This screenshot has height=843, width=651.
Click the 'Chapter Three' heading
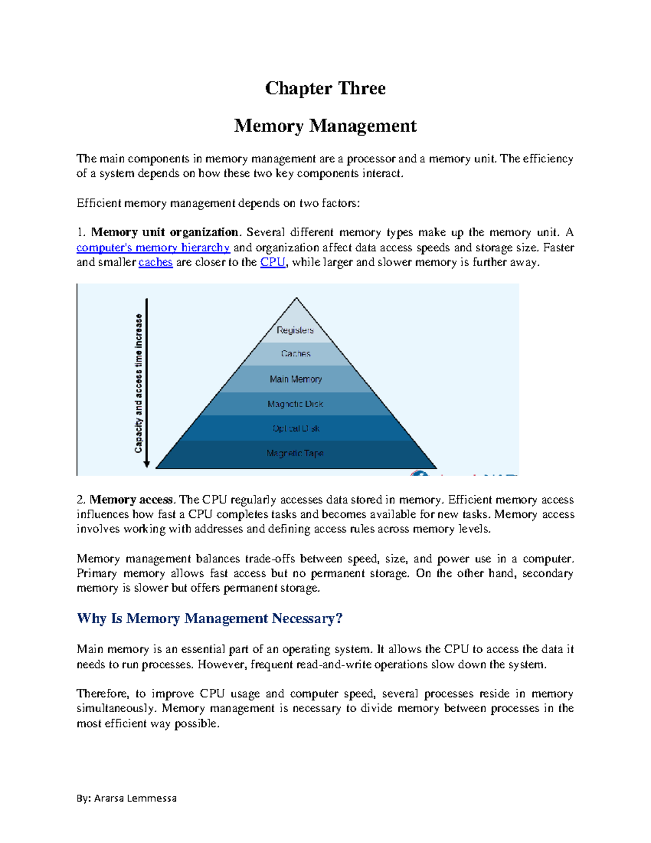325,88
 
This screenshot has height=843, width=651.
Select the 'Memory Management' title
325,126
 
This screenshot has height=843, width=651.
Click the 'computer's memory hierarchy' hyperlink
153,248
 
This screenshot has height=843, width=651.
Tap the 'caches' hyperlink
155,263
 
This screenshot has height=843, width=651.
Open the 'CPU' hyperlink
272,263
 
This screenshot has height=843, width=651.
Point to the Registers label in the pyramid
295,330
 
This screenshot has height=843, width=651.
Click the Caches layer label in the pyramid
296,353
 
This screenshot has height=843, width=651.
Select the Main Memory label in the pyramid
296,379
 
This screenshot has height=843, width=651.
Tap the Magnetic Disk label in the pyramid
296,404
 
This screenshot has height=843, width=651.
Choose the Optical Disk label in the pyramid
296,428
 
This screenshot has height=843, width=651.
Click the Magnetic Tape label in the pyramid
295,453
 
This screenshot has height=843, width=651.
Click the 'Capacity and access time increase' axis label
139,383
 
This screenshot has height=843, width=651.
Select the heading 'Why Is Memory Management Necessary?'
209,618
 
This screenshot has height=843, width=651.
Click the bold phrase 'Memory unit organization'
164,232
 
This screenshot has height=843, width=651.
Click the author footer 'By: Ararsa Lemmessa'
126,798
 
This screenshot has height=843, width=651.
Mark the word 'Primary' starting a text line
97,574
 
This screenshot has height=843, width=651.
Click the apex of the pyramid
296,299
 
